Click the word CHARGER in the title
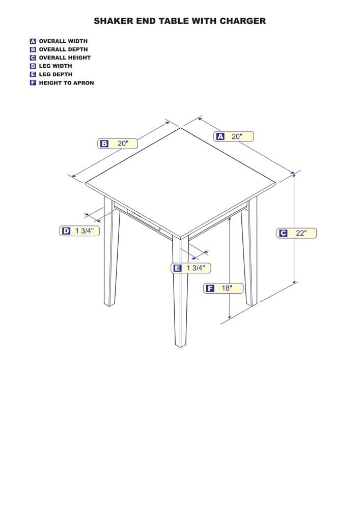(x=242, y=21)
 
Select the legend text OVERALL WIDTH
(x=63, y=41)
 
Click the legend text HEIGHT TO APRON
(x=66, y=83)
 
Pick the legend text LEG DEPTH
(x=56, y=74)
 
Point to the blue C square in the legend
(x=33, y=58)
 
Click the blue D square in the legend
(x=33, y=66)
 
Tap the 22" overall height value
(x=301, y=233)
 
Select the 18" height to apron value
(x=227, y=288)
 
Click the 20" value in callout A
(x=237, y=136)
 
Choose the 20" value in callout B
(x=123, y=143)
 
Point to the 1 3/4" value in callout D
(x=85, y=231)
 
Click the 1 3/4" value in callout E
(x=196, y=268)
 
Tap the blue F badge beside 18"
(x=210, y=288)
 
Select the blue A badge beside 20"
(x=220, y=136)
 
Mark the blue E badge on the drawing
(x=177, y=268)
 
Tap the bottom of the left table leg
(x=109, y=304)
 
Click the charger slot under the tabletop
(x=144, y=220)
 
